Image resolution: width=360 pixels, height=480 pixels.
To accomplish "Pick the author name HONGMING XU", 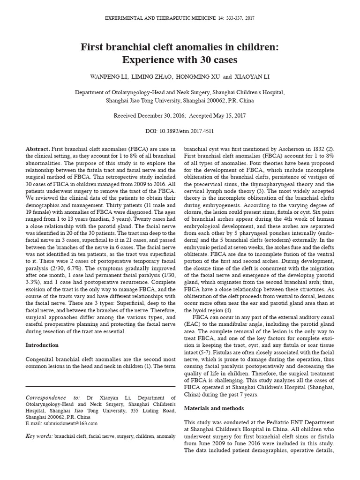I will (196, 76).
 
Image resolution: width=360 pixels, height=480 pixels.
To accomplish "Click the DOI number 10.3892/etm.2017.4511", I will (190, 132).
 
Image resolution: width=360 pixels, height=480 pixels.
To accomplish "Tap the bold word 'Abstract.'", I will (37, 149).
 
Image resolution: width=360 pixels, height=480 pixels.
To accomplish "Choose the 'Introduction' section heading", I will (42, 345).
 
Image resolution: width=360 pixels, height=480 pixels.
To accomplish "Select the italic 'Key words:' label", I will (39, 436).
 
